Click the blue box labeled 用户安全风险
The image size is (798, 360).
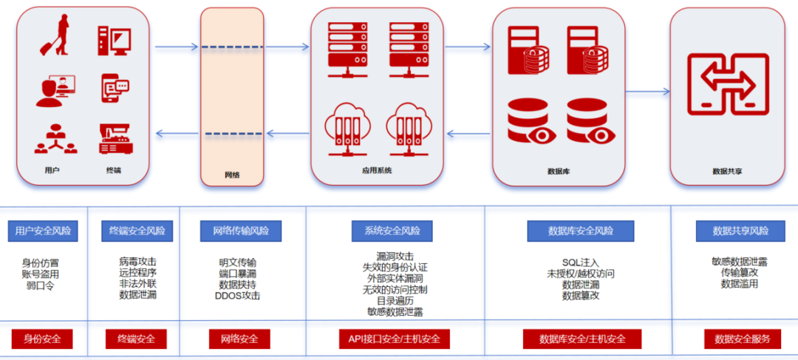pyautogui.click(x=43, y=231)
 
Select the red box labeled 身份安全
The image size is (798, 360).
pyautogui.click(x=42, y=339)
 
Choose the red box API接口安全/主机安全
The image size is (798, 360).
pyautogui.click(x=395, y=339)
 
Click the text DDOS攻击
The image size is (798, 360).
pyautogui.click(x=238, y=296)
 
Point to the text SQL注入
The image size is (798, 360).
pyautogui.click(x=581, y=262)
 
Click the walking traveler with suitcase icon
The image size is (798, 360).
pyautogui.click(x=55, y=35)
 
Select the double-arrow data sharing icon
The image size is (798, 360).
pyautogui.click(x=728, y=84)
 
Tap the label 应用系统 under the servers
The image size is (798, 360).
pyautogui.click(x=377, y=171)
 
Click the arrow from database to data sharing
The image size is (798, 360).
pyautogui.click(x=647, y=92)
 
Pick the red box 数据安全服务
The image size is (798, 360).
pyautogui.click(x=743, y=339)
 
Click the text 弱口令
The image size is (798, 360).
pyautogui.click(x=40, y=285)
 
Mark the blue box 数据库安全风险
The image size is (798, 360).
pyautogui.click(x=581, y=231)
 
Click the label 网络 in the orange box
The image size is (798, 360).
pyautogui.click(x=232, y=175)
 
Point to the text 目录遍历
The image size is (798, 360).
pyautogui.click(x=395, y=301)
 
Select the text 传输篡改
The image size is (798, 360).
pyautogui.click(x=740, y=273)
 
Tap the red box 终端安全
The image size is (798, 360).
pyautogui.click(x=136, y=339)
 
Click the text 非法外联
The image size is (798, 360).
pyautogui.click(x=137, y=284)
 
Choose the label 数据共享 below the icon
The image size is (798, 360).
pyautogui.click(x=727, y=171)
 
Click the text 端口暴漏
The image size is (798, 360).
pyautogui.click(x=238, y=274)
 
